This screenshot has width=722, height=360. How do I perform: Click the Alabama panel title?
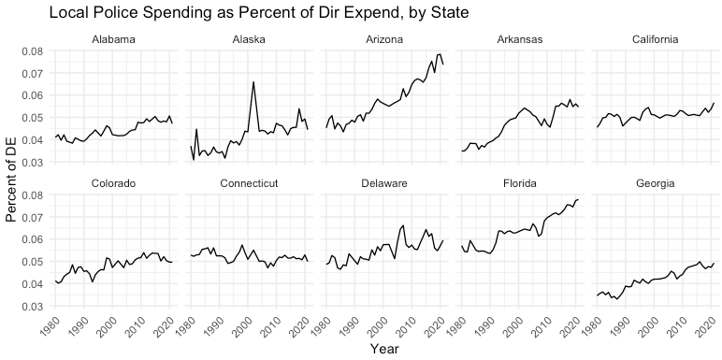113,39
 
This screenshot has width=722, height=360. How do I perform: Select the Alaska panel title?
249,39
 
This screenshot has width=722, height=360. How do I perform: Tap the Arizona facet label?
384,39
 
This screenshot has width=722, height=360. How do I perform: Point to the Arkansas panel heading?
520,39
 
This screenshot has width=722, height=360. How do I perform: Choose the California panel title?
656,39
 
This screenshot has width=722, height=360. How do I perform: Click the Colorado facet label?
113,183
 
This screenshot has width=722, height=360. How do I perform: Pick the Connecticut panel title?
249,183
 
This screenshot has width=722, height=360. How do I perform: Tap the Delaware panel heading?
384,183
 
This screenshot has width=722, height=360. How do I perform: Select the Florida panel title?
520,183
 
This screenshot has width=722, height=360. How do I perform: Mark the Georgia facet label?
656,183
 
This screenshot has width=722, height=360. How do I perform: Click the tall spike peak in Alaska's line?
253,82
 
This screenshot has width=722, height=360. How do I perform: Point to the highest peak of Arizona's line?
440,54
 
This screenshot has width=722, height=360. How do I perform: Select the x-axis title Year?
384,349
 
